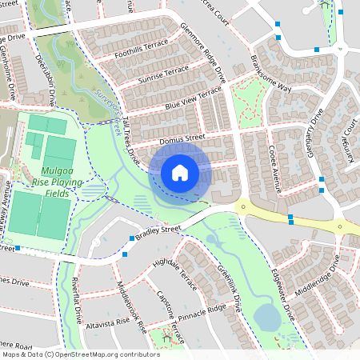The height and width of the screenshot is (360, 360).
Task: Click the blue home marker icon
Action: [180, 173]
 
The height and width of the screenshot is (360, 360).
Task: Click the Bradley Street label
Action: [159, 231]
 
